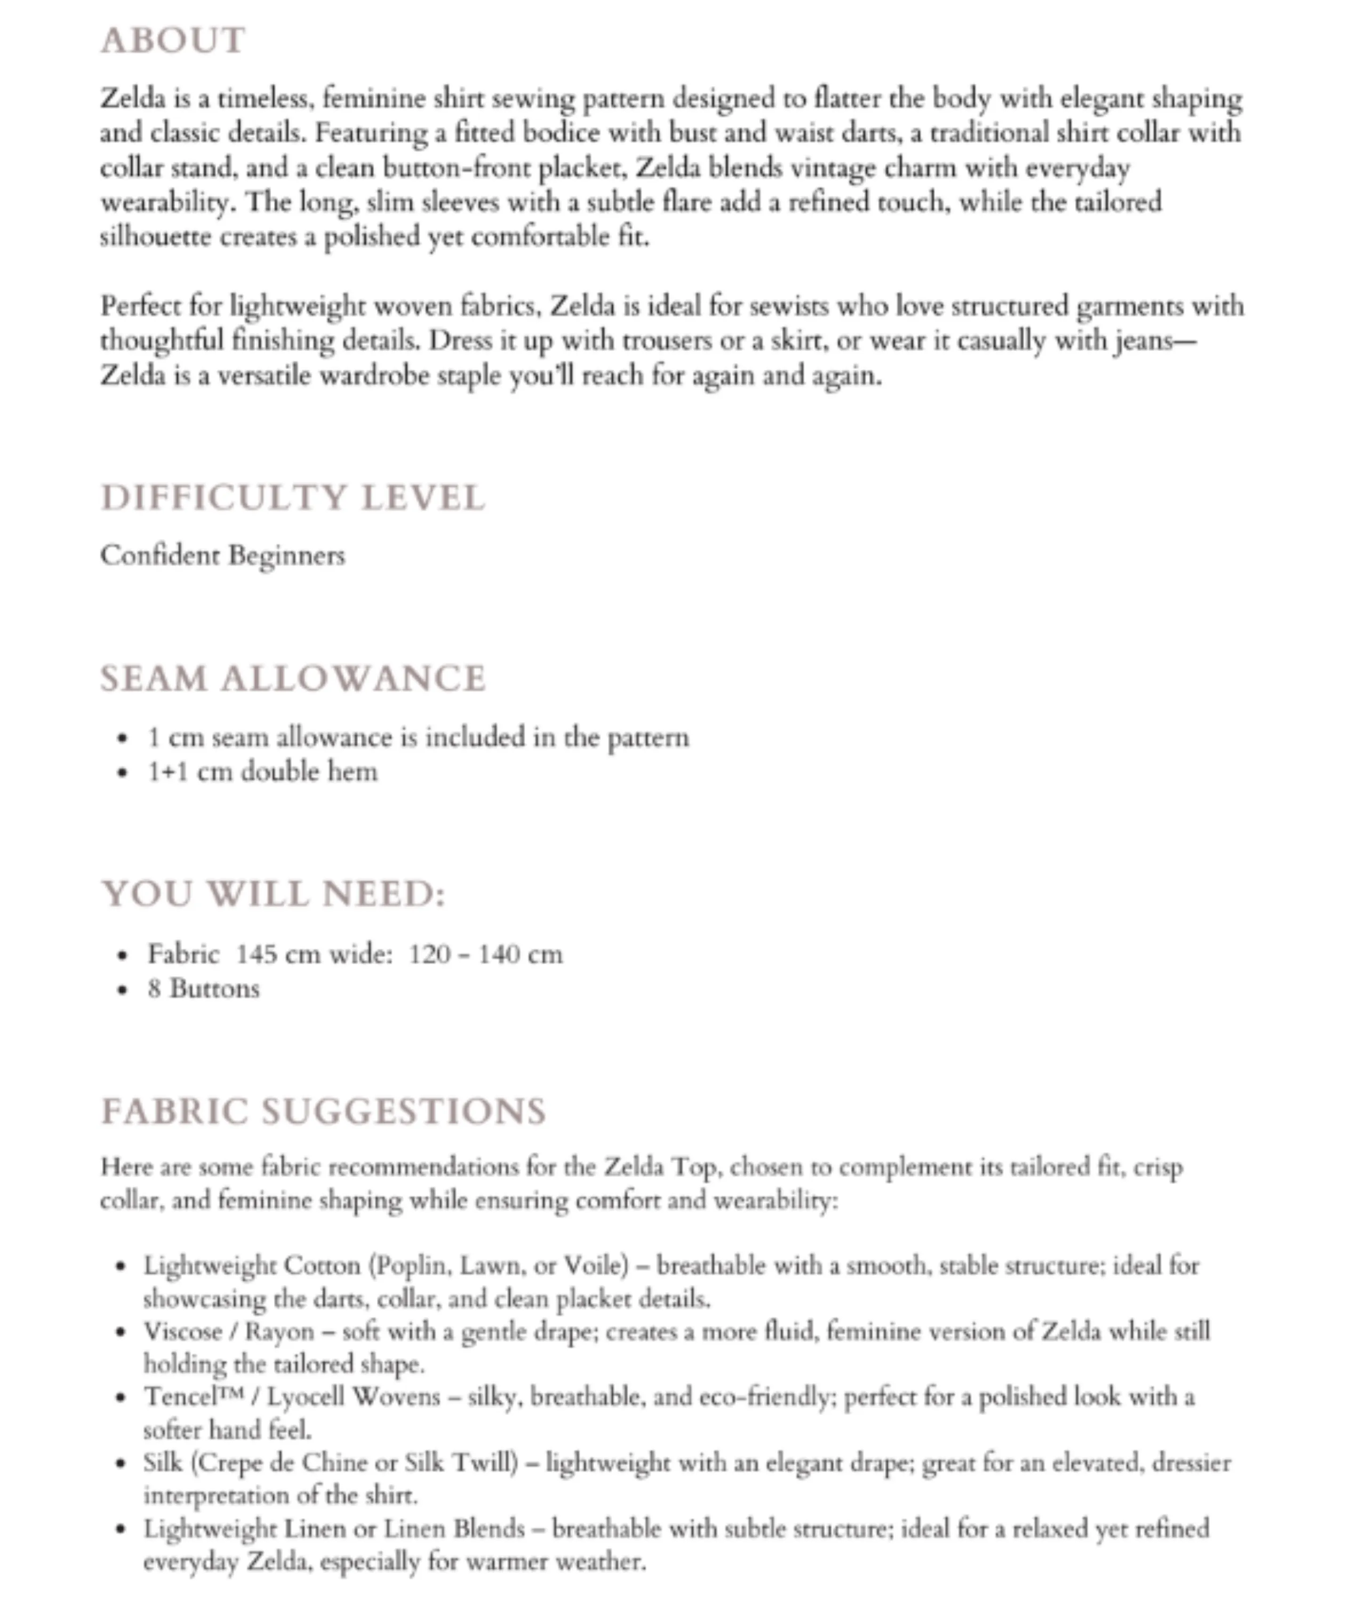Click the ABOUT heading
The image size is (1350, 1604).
click(173, 40)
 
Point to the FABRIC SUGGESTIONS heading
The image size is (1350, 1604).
click(324, 1112)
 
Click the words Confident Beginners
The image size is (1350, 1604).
click(222, 556)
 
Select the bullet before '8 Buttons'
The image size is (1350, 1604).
click(122, 990)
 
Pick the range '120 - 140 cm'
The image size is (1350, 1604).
click(485, 954)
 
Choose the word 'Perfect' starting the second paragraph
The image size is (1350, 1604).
click(140, 306)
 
